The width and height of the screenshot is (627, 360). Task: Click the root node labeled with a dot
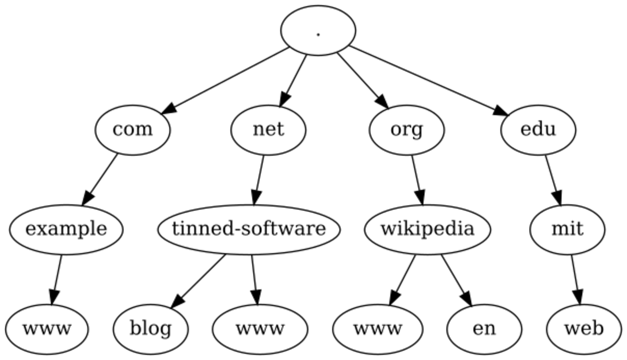pos(318,30)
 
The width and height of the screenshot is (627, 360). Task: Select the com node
pos(133,129)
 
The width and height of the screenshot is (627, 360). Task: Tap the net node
pos(268,129)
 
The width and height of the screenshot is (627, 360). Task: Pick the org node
pos(407,129)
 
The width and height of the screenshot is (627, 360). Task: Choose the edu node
pos(538,129)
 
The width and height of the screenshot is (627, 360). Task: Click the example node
pos(66,229)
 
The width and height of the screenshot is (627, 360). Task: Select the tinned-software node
pos(249,229)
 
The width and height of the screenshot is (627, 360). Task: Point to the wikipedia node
pos(427,229)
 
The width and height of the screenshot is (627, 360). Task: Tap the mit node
pos(567,229)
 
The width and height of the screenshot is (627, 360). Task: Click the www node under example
pos(47,329)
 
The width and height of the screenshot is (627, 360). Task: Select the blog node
pos(150,329)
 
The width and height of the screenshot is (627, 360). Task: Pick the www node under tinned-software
pos(260,329)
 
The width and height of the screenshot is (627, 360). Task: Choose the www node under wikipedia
pos(378,329)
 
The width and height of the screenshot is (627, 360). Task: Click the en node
pos(484,329)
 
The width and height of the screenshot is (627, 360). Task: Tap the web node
pos(584,329)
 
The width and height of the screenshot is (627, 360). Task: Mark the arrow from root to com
pos(225,80)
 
